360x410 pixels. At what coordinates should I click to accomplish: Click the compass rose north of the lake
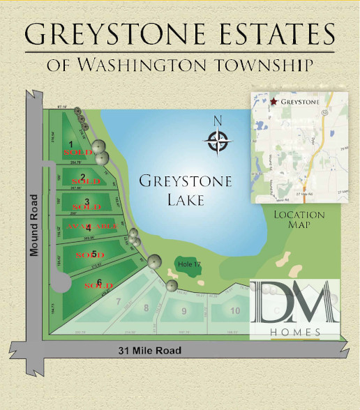[x=218, y=142]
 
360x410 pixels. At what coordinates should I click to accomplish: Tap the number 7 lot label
[x=119, y=301]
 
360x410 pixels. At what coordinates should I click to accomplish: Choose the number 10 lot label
[x=146, y=307]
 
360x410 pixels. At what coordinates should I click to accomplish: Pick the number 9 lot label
[x=183, y=311]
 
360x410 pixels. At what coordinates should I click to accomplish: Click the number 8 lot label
[x=235, y=310]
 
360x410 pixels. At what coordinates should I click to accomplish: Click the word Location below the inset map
[x=299, y=215]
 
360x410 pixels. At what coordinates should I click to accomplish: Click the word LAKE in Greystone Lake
[x=171, y=200]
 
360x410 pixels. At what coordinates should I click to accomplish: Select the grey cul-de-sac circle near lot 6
[x=60, y=283]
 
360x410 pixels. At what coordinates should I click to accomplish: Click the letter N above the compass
[x=218, y=120]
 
